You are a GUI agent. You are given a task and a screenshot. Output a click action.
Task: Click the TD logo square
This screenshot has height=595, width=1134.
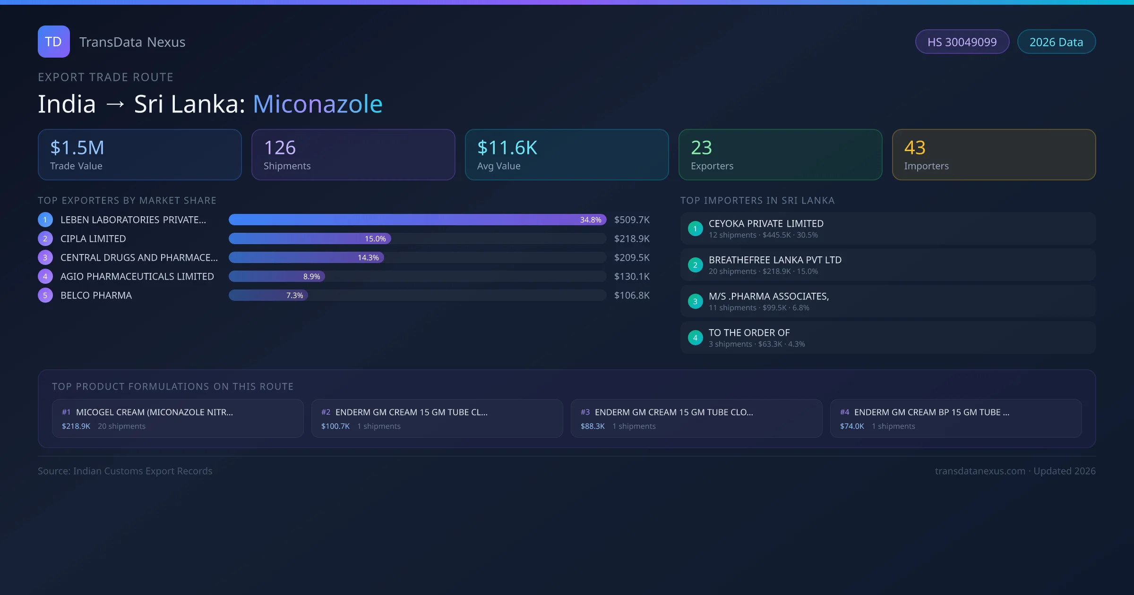53,42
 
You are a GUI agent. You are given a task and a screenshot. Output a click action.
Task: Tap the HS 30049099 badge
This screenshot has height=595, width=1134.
962,42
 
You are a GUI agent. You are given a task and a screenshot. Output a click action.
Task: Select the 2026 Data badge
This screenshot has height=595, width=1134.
1056,42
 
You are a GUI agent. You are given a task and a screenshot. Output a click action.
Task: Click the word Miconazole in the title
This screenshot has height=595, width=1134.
318,104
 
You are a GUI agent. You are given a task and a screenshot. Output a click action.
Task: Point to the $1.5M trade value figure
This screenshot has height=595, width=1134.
77,148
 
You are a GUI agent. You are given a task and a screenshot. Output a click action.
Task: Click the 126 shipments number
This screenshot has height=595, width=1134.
280,148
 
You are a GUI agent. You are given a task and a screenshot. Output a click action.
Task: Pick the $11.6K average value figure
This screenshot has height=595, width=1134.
507,148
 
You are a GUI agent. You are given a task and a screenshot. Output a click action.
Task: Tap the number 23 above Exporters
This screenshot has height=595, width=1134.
701,148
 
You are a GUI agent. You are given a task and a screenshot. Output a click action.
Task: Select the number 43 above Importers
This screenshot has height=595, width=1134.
915,148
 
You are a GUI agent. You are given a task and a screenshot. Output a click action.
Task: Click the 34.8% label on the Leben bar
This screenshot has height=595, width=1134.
591,220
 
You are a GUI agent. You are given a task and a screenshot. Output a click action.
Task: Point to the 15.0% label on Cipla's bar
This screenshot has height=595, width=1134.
375,239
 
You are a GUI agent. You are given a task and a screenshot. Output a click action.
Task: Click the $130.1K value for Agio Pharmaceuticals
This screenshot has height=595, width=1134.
632,277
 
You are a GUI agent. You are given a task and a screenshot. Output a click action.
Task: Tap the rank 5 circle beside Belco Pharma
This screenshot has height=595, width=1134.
45,296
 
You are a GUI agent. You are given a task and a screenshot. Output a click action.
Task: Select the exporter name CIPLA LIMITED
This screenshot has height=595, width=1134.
93,239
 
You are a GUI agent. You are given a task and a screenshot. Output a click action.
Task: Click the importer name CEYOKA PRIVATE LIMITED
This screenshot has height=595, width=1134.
766,224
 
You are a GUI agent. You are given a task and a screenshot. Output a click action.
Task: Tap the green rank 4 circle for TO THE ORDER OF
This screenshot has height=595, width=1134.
695,338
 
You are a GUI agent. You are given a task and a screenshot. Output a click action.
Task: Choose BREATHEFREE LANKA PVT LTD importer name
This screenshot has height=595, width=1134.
775,260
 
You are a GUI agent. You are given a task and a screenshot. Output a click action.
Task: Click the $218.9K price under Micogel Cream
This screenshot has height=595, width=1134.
76,426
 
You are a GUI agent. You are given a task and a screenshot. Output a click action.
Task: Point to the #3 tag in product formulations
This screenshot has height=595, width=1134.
585,412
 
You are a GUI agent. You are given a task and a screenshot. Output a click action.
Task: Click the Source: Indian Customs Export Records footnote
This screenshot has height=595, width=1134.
125,471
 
